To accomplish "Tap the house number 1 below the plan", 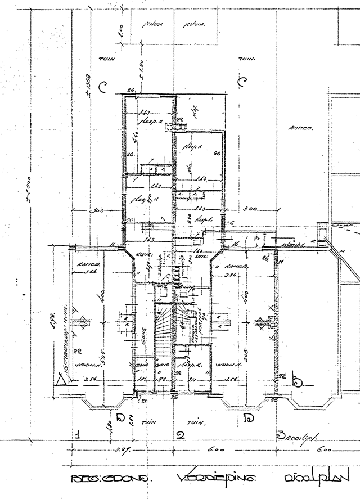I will click(x=78, y=434).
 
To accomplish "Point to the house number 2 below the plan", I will click(x=180, y=434).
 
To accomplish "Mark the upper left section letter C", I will click(x=102, y=87).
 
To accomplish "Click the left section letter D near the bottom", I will click(x=119, y=417).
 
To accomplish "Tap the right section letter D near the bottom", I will click(x=247, y=417).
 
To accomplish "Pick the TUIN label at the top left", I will click(x=105, y=58).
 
